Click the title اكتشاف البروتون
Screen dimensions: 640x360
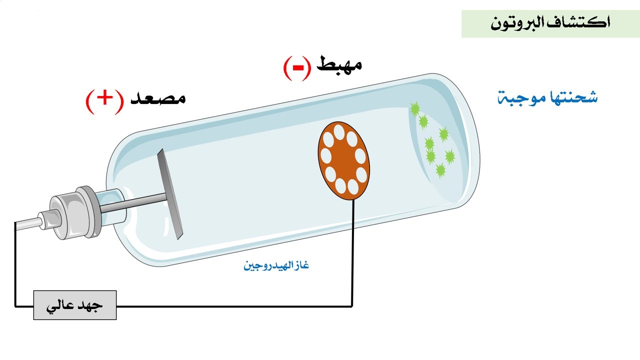[x=550, y=22]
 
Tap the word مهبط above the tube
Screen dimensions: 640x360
[x=339, y=64]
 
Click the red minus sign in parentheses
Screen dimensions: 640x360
[x=297, y=68]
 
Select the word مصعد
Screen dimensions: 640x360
[x=158, y=98]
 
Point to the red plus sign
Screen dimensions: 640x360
[x=104, y=98]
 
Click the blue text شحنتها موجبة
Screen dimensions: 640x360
[x=547, y=97]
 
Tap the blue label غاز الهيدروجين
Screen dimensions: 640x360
[x=276, y=265]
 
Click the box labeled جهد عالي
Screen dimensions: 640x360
[x=75, y=305]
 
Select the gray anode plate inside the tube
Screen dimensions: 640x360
[x=170, y=193]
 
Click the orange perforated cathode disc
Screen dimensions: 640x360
[x=343, y=161]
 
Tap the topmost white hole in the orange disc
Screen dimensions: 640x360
[x=339, y=132]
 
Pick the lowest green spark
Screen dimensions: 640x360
[x=440, y=170]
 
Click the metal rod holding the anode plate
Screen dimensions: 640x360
[x=133, y=203]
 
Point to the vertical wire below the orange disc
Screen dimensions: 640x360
[x=352, y=253]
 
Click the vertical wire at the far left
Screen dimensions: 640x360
[x=15, y=264]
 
